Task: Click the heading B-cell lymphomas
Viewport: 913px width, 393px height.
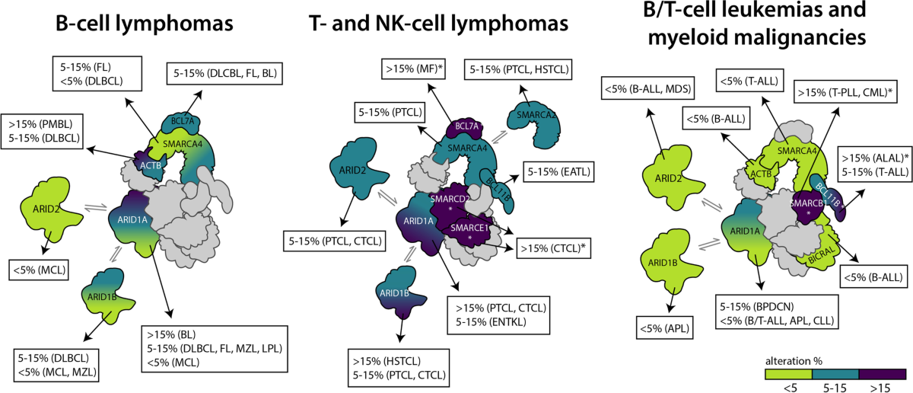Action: (x=144, y=24)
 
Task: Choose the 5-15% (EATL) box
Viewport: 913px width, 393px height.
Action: (x=557, y=173)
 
